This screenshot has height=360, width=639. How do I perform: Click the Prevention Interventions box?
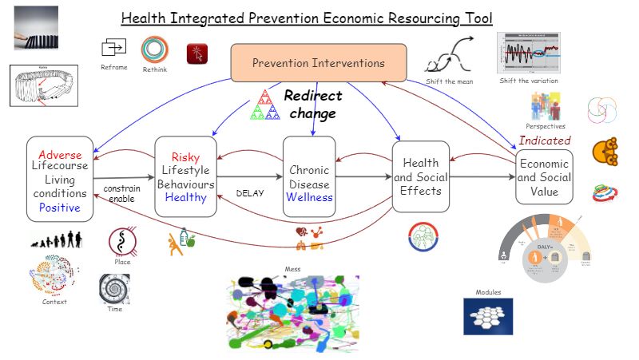[318, 63]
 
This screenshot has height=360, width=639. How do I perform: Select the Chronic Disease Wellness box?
[310, 176]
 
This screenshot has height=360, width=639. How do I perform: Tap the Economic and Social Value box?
[543, 177]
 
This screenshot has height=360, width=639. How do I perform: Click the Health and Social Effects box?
[421, 176]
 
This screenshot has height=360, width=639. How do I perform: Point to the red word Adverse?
[60, 154]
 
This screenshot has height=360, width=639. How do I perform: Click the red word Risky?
[185, 156]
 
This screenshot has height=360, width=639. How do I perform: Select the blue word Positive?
[60, 208]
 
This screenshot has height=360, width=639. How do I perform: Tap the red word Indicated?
[545, 140]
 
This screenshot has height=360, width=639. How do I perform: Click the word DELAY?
[249, 192]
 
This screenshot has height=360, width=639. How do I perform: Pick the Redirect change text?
[312, 104]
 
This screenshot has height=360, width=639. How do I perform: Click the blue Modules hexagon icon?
[488, 316]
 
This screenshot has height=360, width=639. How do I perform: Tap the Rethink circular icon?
[154, 50]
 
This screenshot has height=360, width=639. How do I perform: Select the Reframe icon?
[113, 49]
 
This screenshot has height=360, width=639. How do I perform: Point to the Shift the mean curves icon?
[446, 57]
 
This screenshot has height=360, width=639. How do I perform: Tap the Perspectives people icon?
[545, 106]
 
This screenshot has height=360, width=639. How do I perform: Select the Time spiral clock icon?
[114, 289]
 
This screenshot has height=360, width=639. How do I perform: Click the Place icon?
[122, 241]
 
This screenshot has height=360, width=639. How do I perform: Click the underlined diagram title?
[307, 18]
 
